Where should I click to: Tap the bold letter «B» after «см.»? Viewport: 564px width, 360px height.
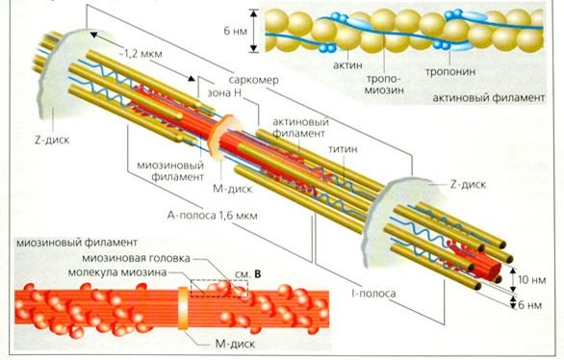pyautogui.click(x=258, y=272)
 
